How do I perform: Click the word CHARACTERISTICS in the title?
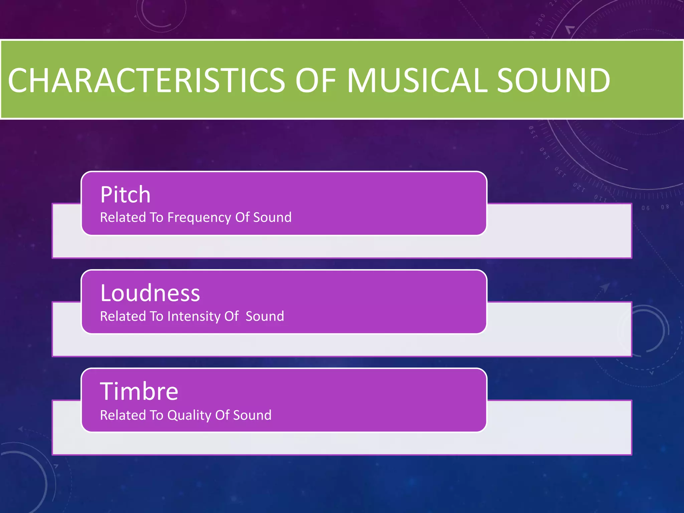point(146,80)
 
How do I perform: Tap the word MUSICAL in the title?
point(417,80)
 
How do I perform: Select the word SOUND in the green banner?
point(553,80)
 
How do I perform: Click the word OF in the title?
point(316,80)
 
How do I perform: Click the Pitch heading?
point(125,195)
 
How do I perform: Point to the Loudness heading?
point(150,293)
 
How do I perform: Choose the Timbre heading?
point(139,391)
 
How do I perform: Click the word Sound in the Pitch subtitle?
point(272,217)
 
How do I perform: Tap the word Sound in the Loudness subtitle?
point(265,316)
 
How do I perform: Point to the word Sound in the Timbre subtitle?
point(252,415)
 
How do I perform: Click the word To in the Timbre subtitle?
point(156,415)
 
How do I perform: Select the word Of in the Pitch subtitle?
point(242,217)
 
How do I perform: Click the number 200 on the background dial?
point(540,20)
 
